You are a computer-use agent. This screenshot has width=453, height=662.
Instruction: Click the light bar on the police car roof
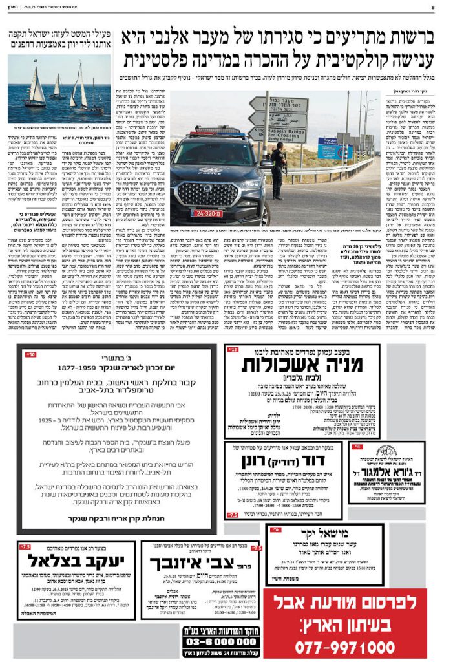207,131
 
